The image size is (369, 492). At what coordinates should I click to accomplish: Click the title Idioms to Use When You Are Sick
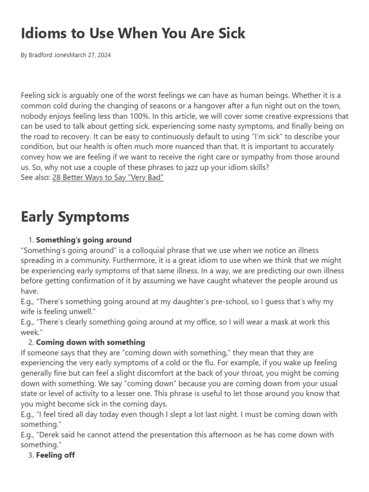pyautogui.click(x=133, y=33)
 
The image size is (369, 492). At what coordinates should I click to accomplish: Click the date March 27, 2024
pyautogui.click(x=90, y=55)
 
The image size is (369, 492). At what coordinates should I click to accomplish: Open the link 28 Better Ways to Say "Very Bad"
pyautogui.click(x=108, y=178)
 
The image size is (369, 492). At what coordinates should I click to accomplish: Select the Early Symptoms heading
pyautogui.click(x=75, y=217)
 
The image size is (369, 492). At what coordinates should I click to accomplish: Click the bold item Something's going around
pyautogui.click(x=84, y=240)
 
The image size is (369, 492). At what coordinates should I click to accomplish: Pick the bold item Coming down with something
pyautogui.click(x=90, y=343)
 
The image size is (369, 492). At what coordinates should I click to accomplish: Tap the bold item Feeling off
pyautogui.click(x=55, y=455)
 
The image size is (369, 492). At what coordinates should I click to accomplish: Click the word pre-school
pyautogui.click(x=198, y=302)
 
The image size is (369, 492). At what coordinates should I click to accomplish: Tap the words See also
pyautogui.click(x=35, y=178)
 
